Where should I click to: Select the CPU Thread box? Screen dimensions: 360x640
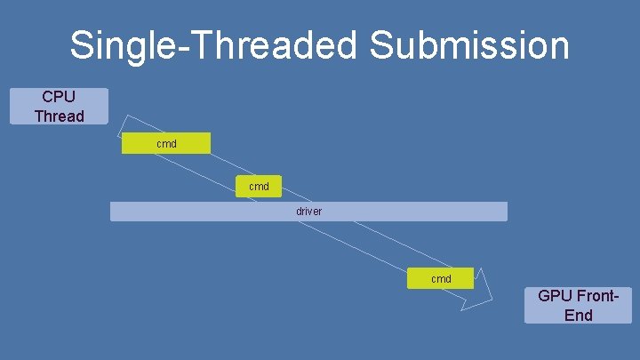pos(59,106)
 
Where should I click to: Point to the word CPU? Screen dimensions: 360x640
pos(59,96)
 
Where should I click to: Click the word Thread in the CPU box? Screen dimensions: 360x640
pos(59,116)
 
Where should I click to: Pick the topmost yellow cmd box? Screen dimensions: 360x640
pos(166,143)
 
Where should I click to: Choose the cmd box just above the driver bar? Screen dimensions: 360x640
pos(259,187)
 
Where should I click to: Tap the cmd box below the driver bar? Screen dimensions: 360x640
pos(441,278)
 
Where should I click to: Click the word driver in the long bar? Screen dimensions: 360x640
pos(308,212)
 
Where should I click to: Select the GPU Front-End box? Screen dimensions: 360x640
pos(578,305)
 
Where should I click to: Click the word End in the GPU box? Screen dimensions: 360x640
pos(578,315)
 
